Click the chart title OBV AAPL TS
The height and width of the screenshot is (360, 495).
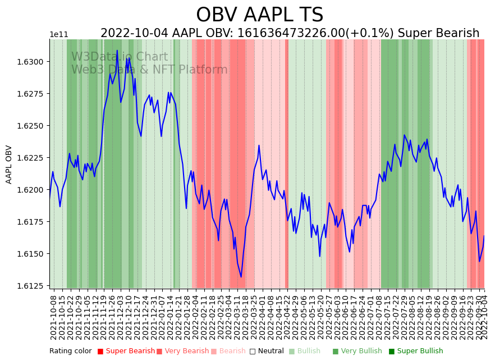click(259, 15)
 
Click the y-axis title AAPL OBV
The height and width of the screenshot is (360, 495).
click(9, 165)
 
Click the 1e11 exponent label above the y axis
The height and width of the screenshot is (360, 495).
click(59, 35)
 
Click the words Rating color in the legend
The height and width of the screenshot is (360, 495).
click(70, 352)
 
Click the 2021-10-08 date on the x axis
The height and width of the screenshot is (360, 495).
click(53, 317)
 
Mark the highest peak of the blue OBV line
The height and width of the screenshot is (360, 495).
click(117, 51)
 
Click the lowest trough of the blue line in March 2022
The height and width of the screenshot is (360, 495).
click(241, 277)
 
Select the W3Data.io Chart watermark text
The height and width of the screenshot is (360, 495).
click(119, 57)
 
